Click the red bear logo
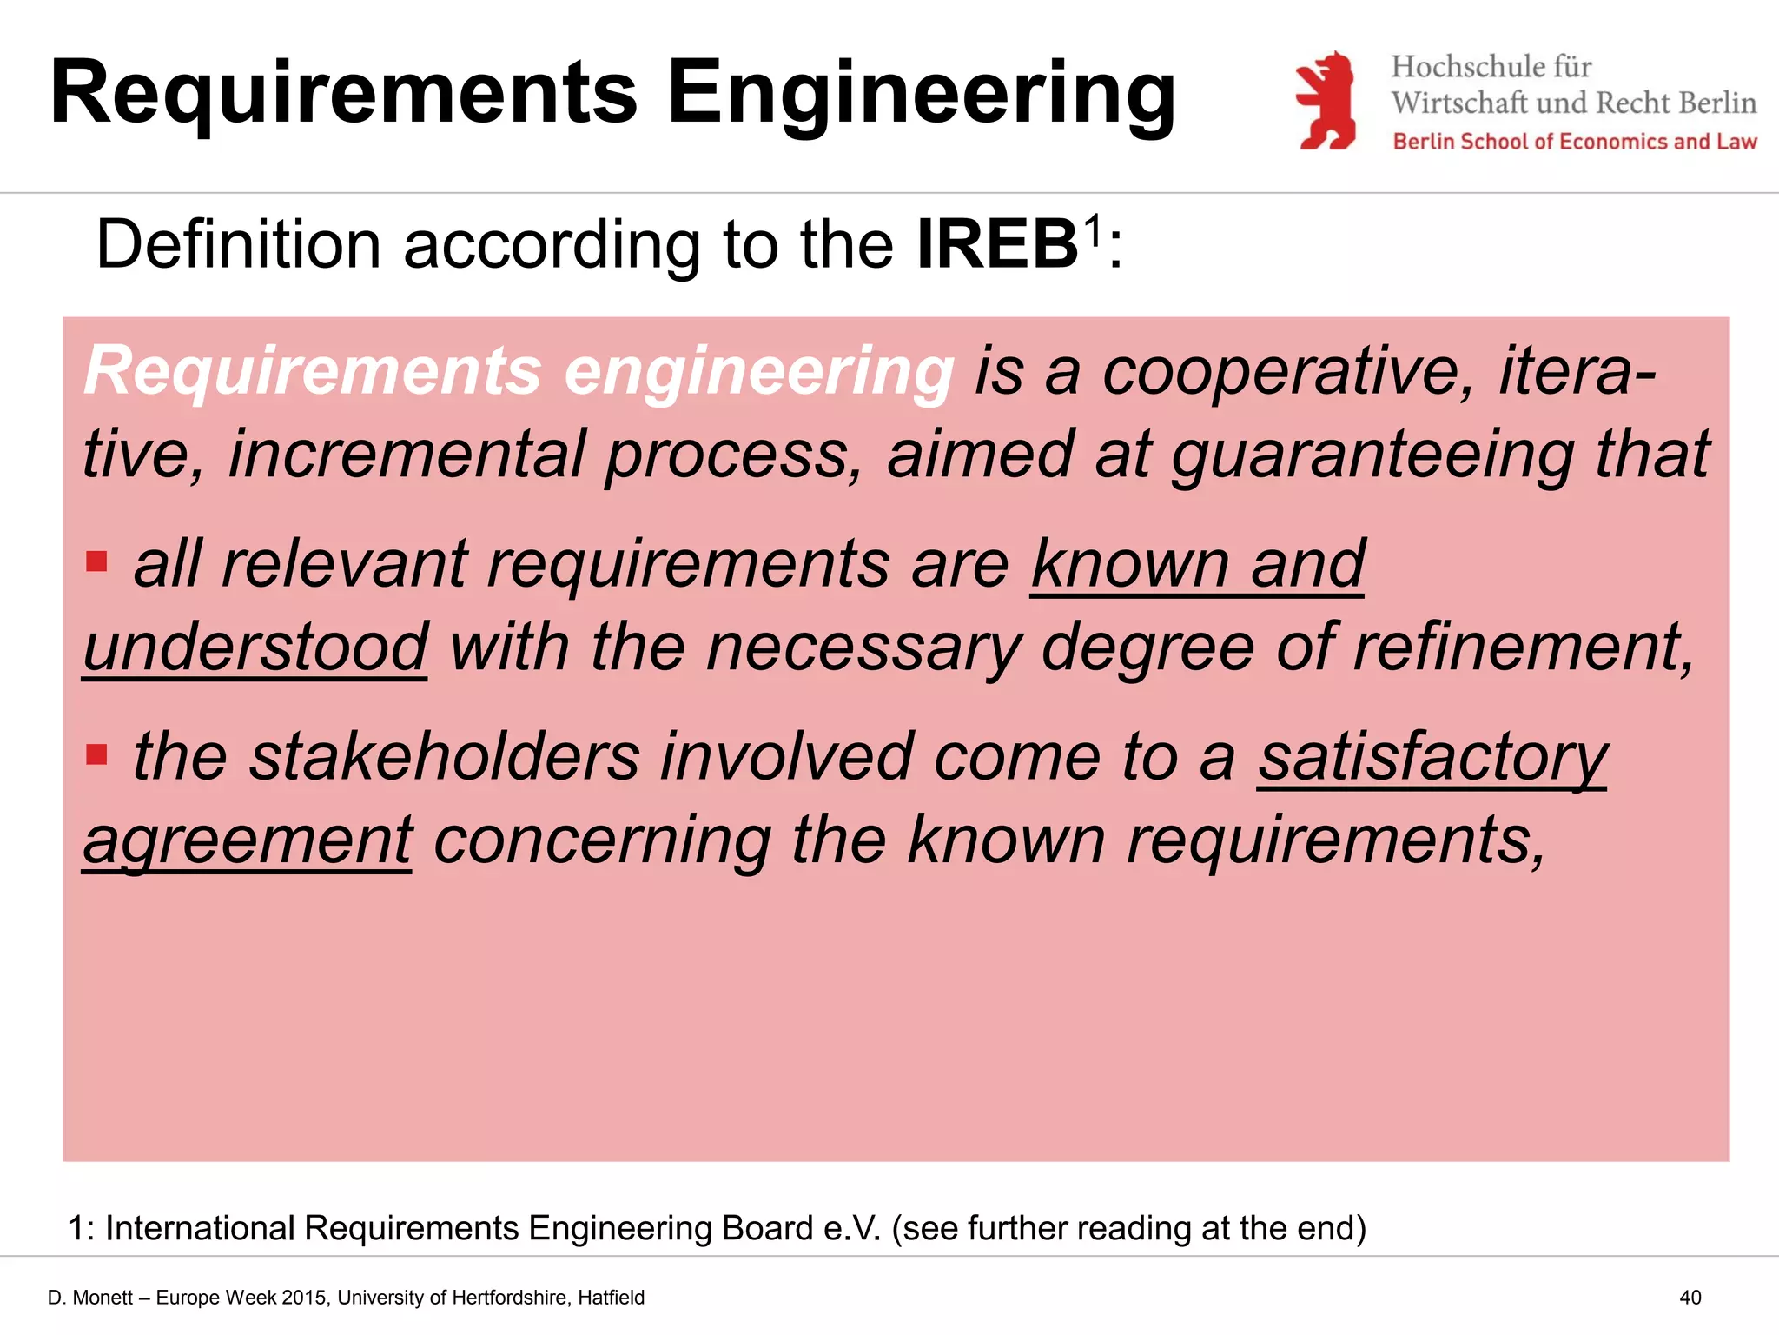[1326, 100]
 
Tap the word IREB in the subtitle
[997, 245]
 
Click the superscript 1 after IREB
[1093, 230]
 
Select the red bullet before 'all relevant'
[96, 561]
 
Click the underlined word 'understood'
[255, 648]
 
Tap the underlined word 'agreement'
[248, 840]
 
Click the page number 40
[1690, 1298]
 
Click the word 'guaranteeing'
[1372, 455]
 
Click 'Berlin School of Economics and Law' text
[1574, 142]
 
